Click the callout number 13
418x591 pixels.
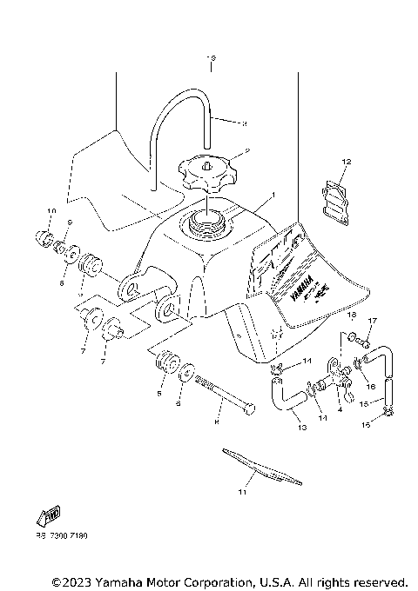301,427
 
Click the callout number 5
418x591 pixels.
159,392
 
